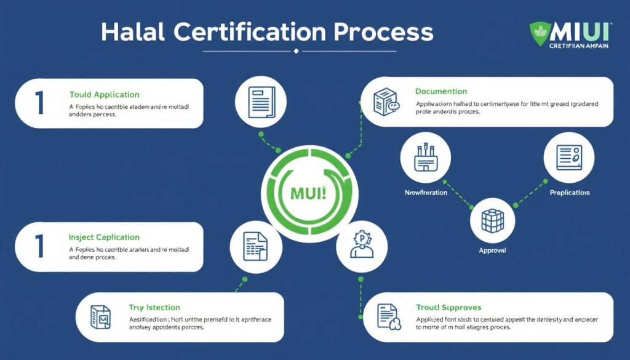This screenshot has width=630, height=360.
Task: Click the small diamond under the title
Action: [x=297, y=50]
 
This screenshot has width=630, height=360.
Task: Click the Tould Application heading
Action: [x=105, y=95]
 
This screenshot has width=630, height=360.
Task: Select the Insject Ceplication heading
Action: [x=105, y=238]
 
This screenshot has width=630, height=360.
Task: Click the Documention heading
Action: [x=441, y=92]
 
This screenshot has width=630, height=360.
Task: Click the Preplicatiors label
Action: [x=569, y=193]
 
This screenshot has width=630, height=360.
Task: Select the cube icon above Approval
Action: [x=492, y=220]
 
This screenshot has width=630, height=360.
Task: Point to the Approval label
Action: [x=492, y=251]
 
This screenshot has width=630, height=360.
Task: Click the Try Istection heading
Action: [x=154, y=307]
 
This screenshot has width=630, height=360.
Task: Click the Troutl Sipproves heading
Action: [x=449, y=307]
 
